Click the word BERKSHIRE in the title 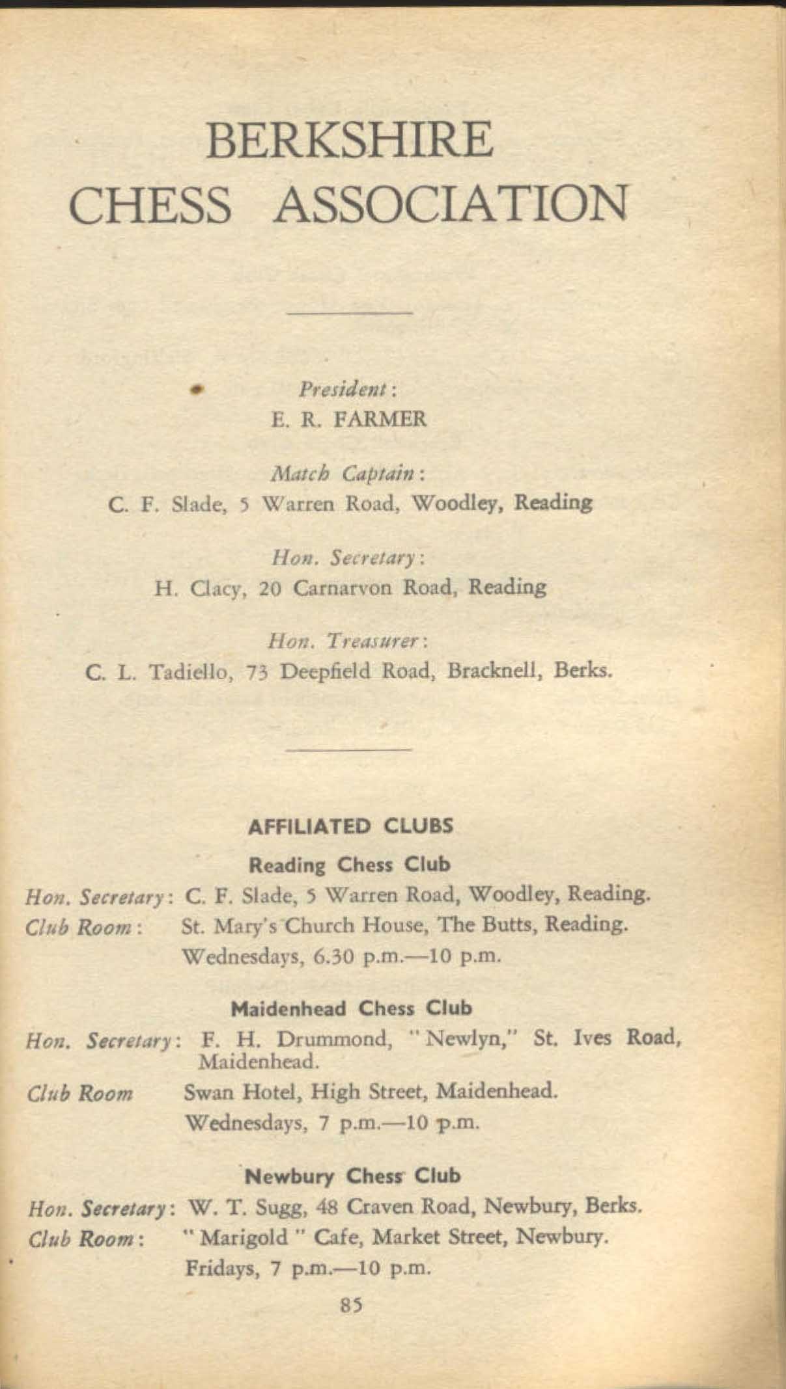(x=349, y=139)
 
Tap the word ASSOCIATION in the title (x=451, y=204)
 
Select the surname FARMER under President (x=380, y=419)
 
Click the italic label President (x=347, y=389)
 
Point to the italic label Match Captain (x=348, y=473)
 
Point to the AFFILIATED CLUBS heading (x=350, y=826)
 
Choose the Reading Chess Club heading (x=350, y=865)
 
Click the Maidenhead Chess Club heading (x=352, y=1009)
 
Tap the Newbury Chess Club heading (x=352, y=1176)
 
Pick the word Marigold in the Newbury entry (x=244, y=1237)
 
